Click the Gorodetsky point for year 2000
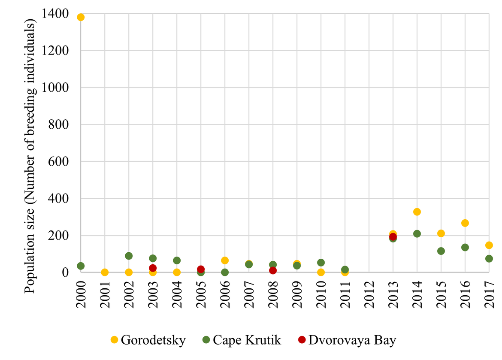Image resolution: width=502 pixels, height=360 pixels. tap(81, 17)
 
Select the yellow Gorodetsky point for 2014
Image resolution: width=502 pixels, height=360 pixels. tap(417, 212)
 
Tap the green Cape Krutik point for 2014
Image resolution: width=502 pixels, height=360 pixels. tap(417, 234)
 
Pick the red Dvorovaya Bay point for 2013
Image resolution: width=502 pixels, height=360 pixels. tap(393, 237)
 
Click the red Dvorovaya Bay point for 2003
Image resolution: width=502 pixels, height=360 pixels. tap(153, 268)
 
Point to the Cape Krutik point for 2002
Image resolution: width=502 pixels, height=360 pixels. tap(129, 256)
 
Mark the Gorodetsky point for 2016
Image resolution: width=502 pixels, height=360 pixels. tap(465, 223)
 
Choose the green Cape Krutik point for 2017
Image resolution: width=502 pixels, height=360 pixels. tap(489, 259)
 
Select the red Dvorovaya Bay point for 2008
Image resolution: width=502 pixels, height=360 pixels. tap(273, 270)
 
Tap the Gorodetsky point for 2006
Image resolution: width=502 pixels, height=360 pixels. tap(225, 260)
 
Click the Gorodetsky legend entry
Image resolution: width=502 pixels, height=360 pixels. tap(148, 341)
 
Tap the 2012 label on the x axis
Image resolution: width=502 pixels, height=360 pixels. tap(369, 294)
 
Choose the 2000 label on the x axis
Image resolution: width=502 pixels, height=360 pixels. tap(81, 294)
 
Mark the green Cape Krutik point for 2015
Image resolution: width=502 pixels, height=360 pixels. tap(441, 251)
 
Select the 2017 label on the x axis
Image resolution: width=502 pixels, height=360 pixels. tap(489, 294)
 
